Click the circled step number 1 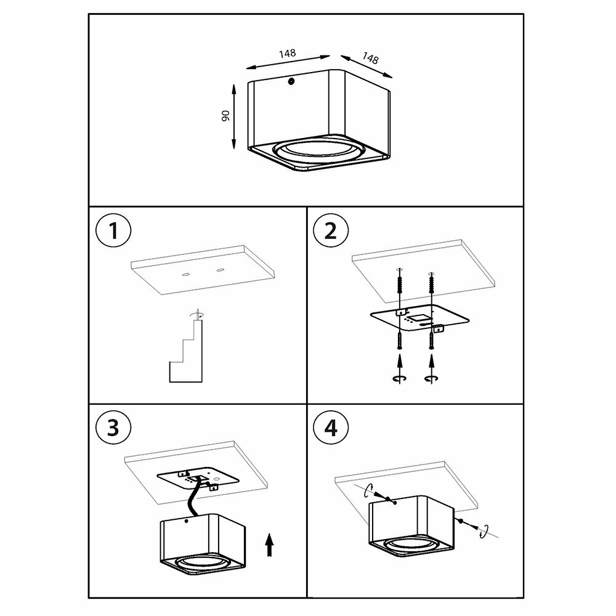pyautogui.click(x=113, y=230)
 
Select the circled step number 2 pyautogui.click(x=331, y=230)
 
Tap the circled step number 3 pyautogui.click(x=113, y=428)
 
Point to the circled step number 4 pyautogui.click(x=331, y=428)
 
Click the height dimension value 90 pyautogui.click(x=225, y=116)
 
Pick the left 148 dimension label pyautogui.click(x=288, y=54)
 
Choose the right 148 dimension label pyautogui.click(x=370, y=58)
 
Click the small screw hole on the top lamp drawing pyautogui.click(x=291, y=81)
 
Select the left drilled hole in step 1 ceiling pyautogui.click(x=185, y=274)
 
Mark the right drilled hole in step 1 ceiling pyautogui.click(x=220, y=270)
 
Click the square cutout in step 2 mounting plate pyautogui.click(x=417, y=318)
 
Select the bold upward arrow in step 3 pyautogui.click(x=270, y=545)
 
